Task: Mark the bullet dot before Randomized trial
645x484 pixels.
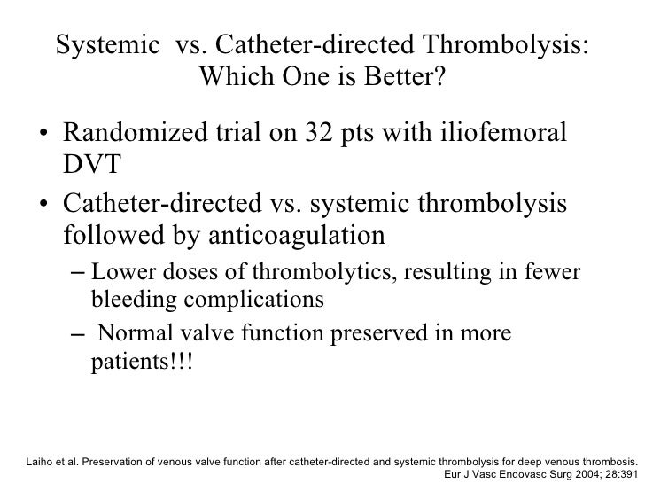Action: [x=43, y=137]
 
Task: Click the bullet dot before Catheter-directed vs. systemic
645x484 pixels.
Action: [x=43, y=207]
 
